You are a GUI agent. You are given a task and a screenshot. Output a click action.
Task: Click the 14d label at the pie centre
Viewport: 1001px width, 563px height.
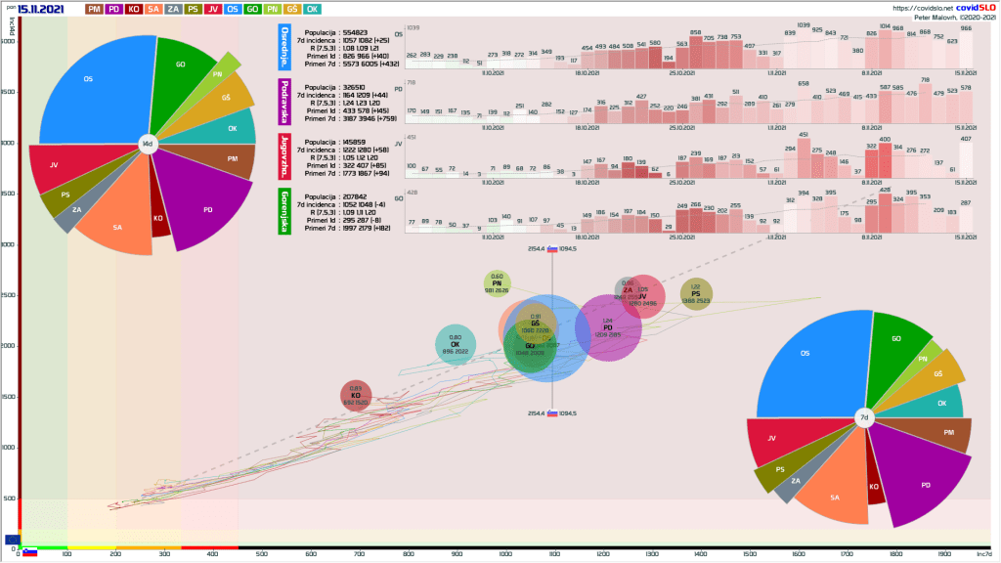pyautogui.click(x=148, y=144)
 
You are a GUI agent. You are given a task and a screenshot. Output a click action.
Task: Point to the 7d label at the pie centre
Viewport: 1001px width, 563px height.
pyautogui.click(x=863, y=418)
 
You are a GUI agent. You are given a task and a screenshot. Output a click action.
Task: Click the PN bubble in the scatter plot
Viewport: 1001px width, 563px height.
pyautogui.click(x=497, y=284)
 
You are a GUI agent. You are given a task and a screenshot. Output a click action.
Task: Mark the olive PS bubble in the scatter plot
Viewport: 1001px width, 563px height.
pyautogui.click(x=696, y=293)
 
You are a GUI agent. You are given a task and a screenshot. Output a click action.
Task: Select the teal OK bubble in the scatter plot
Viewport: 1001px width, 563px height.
pyautogui.click(x=455, y=345)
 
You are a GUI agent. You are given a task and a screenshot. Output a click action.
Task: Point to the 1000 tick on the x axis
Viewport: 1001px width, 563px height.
pyautogui.click(x=505, y=554)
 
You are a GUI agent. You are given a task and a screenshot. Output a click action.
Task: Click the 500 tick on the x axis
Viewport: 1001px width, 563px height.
pyautogui.click(x=262, y=554)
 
